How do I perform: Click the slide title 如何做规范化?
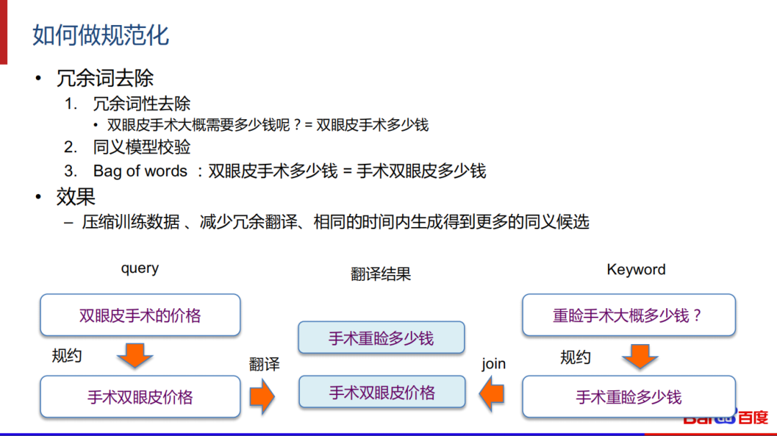click(101, 34)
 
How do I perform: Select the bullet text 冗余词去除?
click(105, 78)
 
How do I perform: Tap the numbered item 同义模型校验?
click(142, 147)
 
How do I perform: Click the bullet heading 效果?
click(76, 196)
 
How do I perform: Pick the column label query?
click(140, 268)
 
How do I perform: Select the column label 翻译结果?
click(381, 274)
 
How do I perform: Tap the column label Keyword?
click(636, 269)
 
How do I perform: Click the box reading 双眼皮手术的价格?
click(140, 315)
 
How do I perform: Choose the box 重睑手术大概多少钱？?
click(628, 315)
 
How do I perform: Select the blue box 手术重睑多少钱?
click(381, 338)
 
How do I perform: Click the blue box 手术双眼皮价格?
click(382, 393)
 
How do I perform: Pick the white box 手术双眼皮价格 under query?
click(140, 397)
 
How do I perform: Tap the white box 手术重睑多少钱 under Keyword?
click(628, 397)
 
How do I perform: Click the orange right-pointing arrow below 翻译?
click(263, 394)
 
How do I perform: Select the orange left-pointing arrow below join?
click(492, 394)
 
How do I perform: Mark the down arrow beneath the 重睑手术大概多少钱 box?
click(640, 356)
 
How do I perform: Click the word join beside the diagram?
click(494, 364)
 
